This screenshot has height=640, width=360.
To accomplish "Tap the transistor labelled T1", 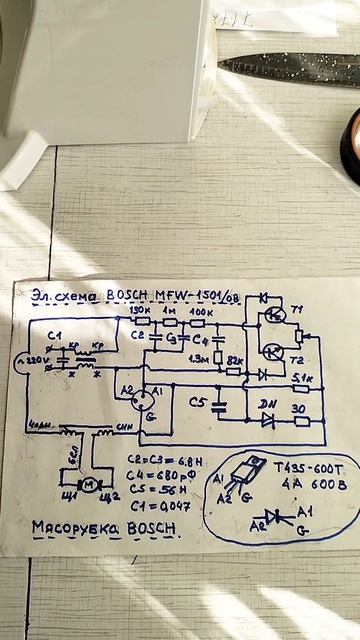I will (x=274, y=316).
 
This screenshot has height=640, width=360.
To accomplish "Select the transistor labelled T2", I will (x=274, y=352).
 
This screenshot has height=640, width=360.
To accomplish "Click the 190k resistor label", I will (x=141, y=312).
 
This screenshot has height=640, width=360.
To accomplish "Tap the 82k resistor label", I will (x=236, y=359).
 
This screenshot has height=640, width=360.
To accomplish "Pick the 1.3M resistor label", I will (x=199, y=358).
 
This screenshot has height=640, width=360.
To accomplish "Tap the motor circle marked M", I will (x=87, y=485).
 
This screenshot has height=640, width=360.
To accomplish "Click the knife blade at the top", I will (x=290, y=68).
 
